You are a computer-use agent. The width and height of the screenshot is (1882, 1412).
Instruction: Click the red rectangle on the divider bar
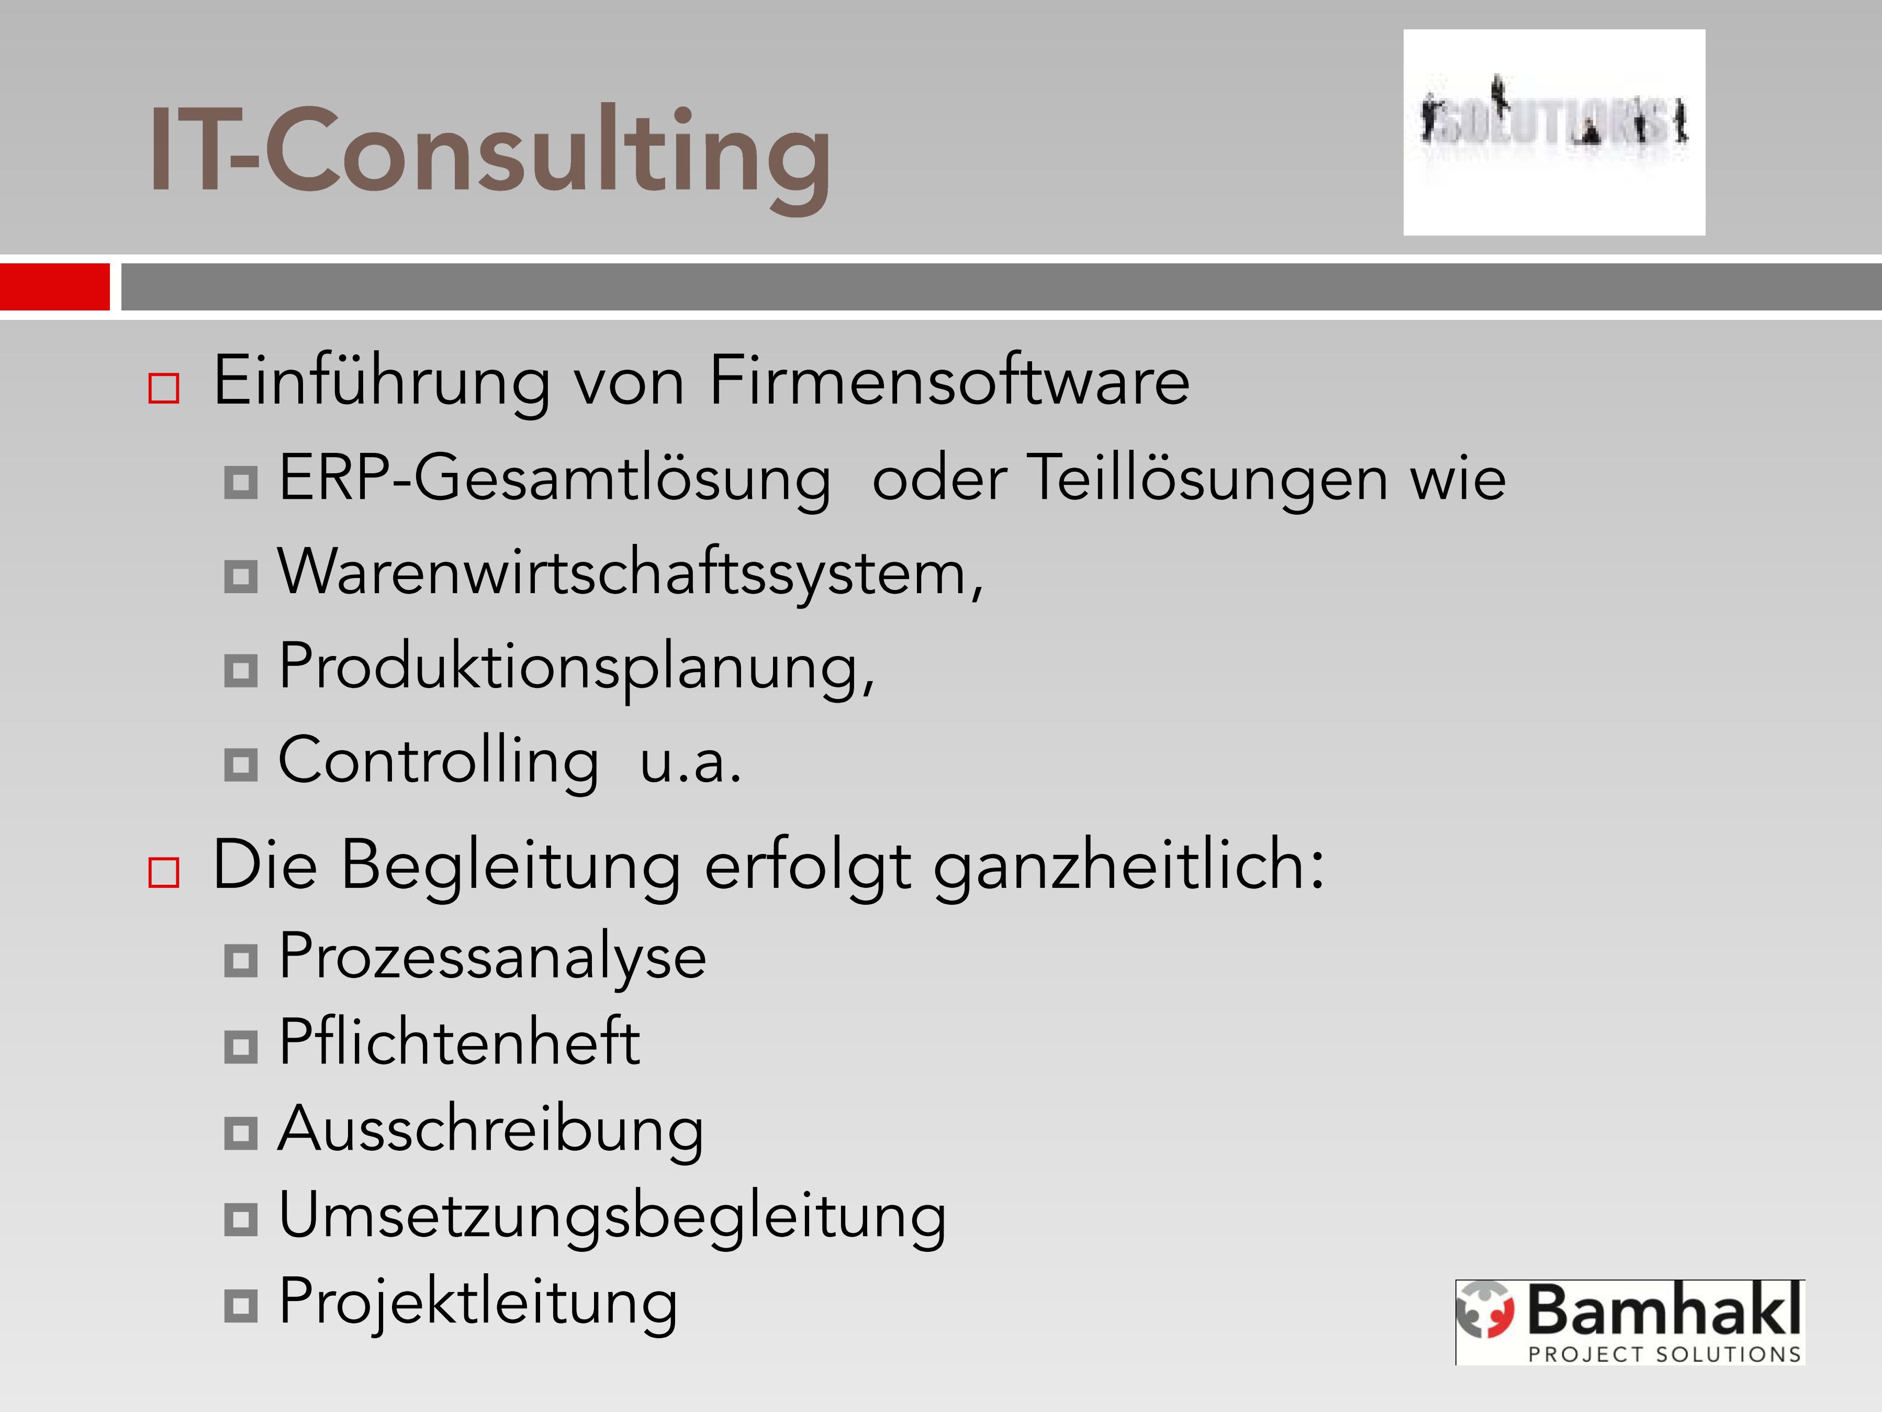(54, 287)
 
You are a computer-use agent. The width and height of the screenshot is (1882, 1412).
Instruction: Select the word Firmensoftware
(949, 381)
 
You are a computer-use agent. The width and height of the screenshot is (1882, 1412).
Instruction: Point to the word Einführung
(382, 381)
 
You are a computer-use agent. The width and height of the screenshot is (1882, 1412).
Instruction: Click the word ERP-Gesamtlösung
(555, 479)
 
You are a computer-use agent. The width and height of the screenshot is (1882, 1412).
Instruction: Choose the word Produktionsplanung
(577, 668)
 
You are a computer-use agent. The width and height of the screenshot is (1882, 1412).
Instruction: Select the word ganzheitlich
(1128, 866)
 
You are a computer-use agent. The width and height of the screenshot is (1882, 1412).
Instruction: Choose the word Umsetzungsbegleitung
(612, 1217)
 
